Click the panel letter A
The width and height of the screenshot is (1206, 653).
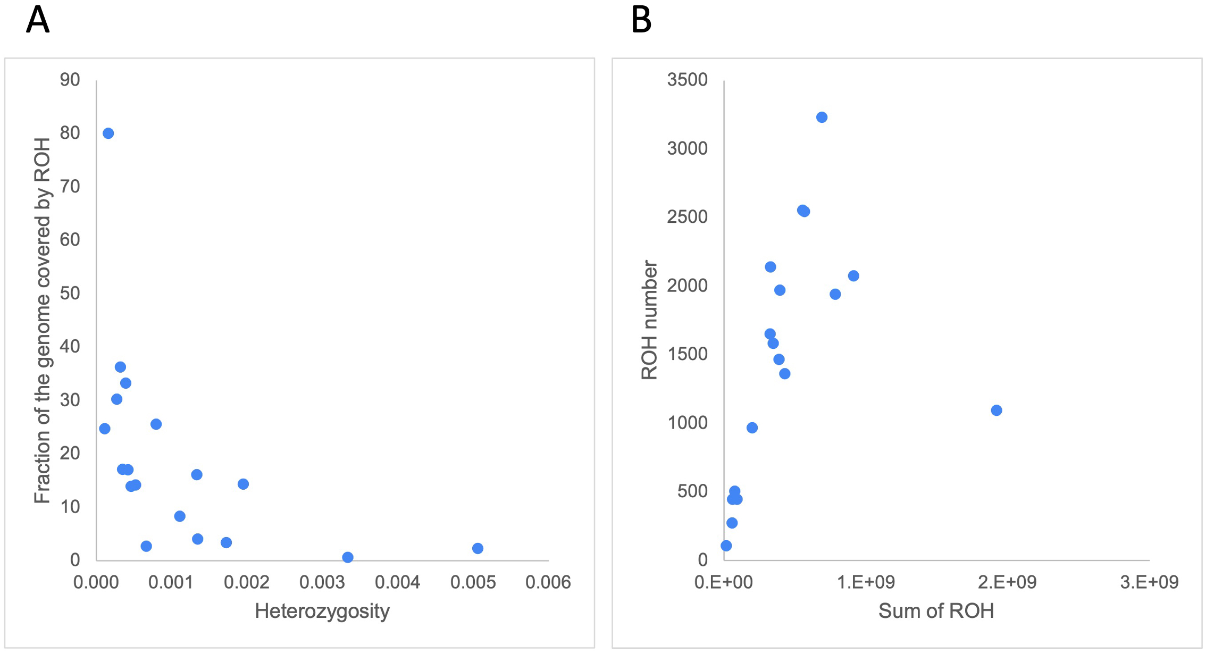38,20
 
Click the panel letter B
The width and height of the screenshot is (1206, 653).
641,20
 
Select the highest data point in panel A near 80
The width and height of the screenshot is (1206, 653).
108,133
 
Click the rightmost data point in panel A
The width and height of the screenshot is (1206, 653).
478,548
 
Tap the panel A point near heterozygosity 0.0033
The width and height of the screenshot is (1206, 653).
347,557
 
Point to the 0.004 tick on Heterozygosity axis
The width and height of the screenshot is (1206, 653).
397,582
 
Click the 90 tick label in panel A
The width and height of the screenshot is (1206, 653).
70,80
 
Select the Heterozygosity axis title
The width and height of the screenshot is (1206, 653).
322,611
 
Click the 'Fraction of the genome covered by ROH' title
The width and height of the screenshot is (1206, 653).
42,320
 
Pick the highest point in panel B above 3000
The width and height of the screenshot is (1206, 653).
822,118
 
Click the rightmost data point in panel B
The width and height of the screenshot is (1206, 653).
996,410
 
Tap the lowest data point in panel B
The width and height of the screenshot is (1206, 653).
726,546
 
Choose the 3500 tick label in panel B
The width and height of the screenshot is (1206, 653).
687,80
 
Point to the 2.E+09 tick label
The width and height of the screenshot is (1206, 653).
1007,582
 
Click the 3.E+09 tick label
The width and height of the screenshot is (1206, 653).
1149,582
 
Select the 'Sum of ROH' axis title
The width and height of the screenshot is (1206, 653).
936,611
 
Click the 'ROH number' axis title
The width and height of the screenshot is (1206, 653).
649,320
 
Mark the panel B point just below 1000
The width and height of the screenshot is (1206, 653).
752,428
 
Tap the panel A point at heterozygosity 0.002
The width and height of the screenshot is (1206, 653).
243,484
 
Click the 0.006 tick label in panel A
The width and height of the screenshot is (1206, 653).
548,582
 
